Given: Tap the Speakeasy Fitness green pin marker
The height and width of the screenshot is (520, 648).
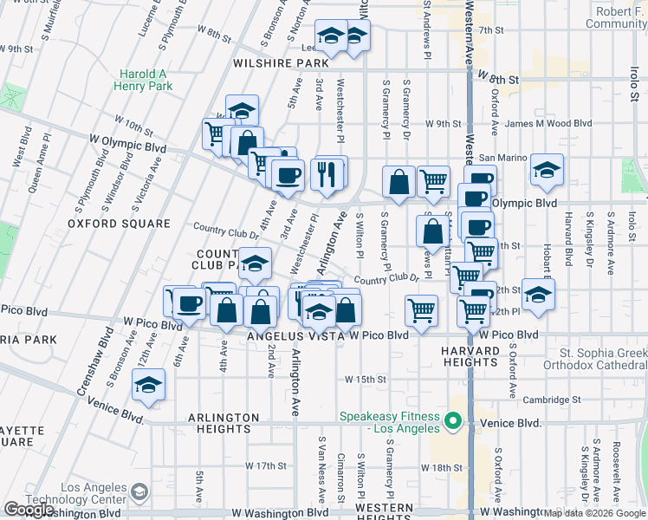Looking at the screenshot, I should coord(451,422).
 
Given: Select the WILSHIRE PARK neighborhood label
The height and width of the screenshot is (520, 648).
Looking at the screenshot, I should coord(279,63).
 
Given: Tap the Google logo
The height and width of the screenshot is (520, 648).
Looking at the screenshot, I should coord(29,510).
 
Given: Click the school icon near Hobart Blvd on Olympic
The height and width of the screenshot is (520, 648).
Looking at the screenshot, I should coord(547,171).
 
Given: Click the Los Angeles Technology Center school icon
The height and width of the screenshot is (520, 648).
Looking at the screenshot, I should coord(139,494).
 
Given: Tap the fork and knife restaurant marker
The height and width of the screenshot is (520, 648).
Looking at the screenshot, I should coord(327,173).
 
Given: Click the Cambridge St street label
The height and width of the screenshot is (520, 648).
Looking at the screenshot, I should coord(554,400).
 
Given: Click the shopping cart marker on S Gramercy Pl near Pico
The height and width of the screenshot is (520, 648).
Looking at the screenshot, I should coord(421,309).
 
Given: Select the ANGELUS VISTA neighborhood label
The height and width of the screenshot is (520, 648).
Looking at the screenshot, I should coord(288,335).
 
